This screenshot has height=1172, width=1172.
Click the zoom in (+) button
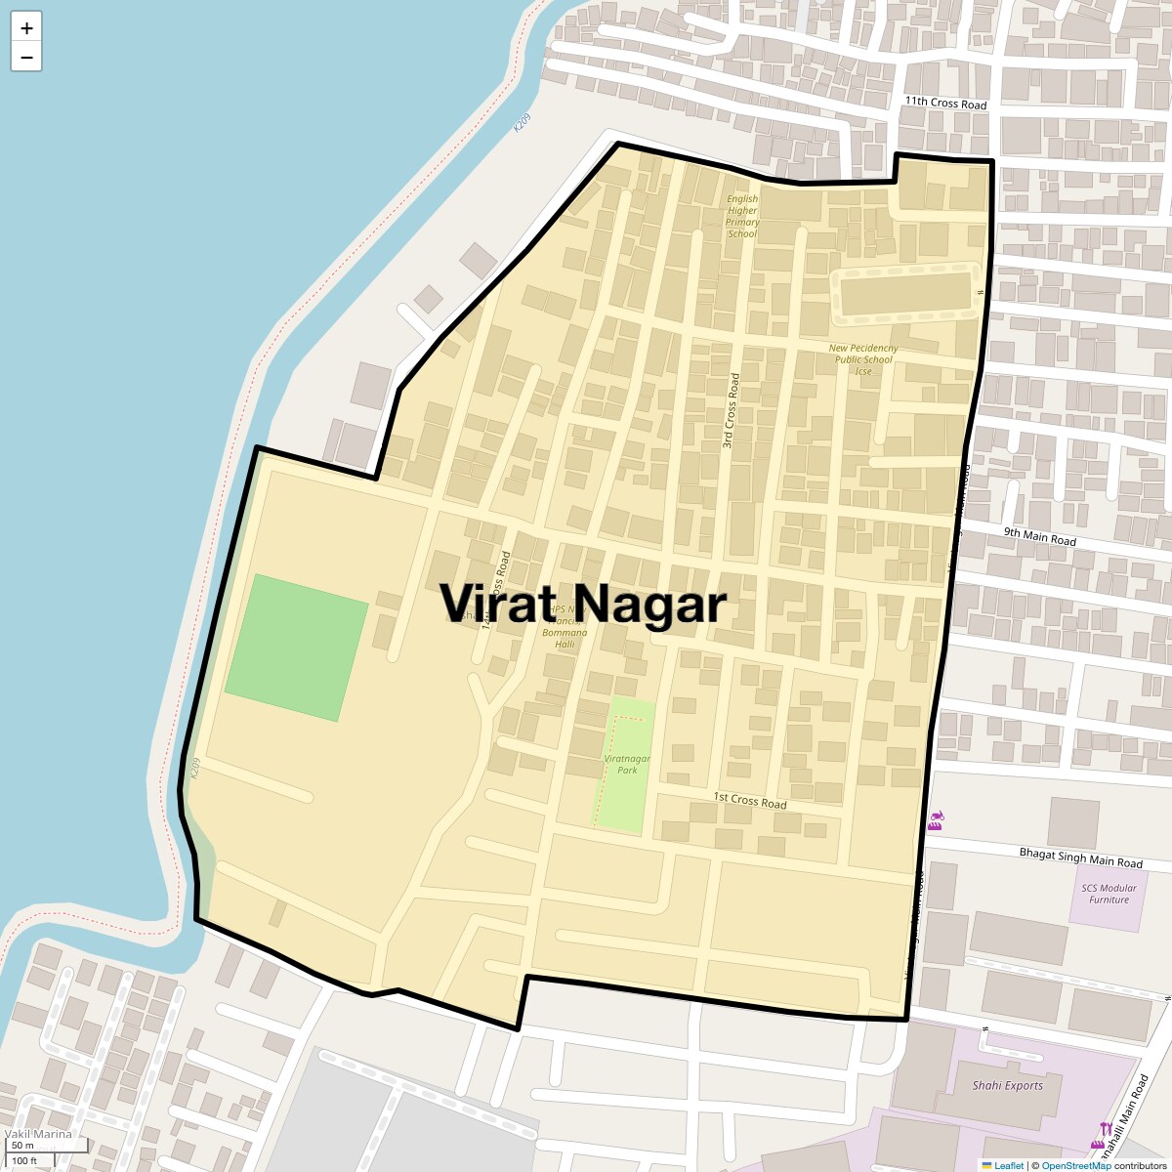pos(26,28)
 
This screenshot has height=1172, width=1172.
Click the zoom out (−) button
pos(26,57)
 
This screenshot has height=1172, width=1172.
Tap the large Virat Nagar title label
pos(583,603)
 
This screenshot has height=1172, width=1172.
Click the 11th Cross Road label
pos(945,103)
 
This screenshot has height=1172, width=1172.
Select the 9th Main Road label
pos(1039,536)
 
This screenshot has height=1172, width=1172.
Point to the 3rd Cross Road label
pos(731,410)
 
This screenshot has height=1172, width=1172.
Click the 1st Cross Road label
pos(749,801)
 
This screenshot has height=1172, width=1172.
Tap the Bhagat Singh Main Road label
pos(1080,858)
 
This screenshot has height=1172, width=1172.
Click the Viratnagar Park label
pos(627,764)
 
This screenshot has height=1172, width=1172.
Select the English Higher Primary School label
pos(742,216)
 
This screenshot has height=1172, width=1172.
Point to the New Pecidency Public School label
pos(863,358)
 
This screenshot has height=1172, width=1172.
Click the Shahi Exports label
pos(1007,1085)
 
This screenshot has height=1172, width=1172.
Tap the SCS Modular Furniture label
pos(1109,894)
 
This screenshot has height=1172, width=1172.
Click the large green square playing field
pos(296,648)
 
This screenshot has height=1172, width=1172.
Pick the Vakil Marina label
pos(38,1134)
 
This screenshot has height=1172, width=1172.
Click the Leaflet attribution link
pos(1009,1165)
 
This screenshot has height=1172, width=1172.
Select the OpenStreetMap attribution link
pos(1075,1165)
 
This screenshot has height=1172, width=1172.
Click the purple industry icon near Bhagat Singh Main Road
pos(936,819)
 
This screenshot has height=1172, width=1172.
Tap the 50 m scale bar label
pos(22,1146)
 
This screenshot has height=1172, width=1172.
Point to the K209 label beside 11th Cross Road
pos(523,123)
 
